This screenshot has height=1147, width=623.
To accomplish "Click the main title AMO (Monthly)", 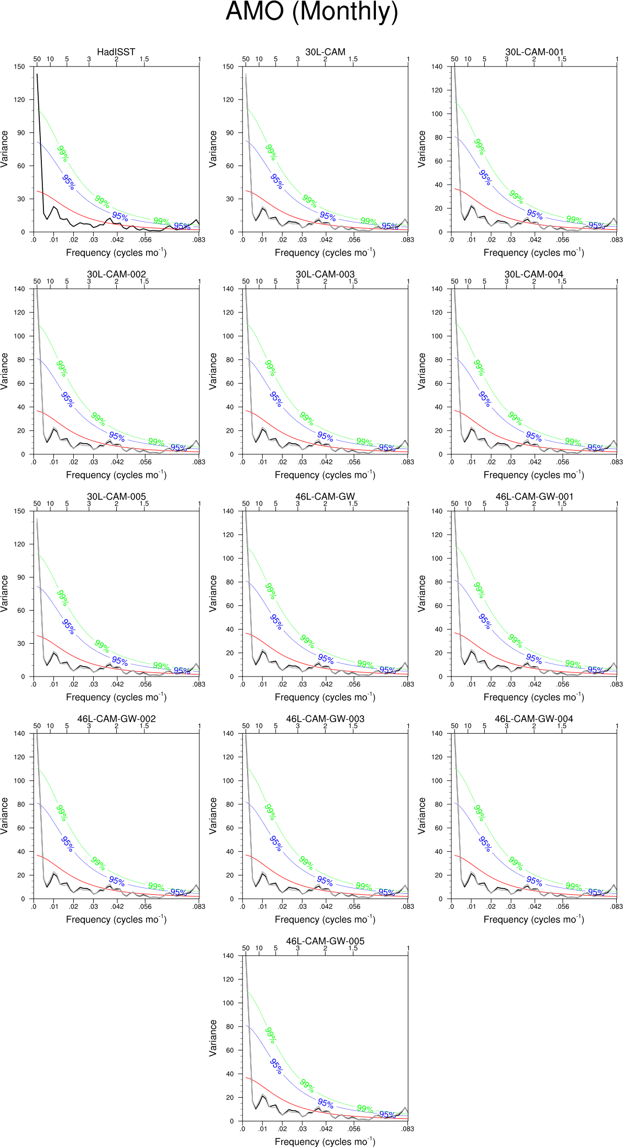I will click(311, 12).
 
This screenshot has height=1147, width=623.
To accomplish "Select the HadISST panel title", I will click(116, 52).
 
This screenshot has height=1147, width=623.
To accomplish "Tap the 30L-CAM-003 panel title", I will click(325, 274).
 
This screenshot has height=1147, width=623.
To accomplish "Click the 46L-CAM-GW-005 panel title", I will click(325, 941).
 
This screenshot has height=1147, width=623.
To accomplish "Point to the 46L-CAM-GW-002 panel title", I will click(116, 718).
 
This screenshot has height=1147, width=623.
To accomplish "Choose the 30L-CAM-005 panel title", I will click(116, 497).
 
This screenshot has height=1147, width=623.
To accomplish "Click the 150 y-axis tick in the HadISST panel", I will click(19, 66).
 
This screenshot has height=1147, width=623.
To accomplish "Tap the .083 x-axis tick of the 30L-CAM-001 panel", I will click(616, 240).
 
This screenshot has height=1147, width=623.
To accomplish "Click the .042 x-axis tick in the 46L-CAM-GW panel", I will click(326, 684).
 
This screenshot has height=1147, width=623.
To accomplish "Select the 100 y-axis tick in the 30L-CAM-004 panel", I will click(437, 336).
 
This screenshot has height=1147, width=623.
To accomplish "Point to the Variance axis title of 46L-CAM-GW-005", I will click(213, 1038).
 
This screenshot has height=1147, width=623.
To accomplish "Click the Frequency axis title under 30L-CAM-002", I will click(116, 475).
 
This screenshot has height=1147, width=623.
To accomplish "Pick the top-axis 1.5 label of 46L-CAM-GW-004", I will click(562, 726).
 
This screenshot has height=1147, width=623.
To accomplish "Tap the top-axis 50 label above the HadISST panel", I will click(37, 59).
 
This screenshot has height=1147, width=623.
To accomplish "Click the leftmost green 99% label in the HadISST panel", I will click(63, 153).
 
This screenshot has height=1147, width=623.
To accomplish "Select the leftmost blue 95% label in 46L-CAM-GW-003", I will click(275, 843).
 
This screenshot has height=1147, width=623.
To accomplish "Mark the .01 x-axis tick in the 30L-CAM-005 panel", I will click(54, 684).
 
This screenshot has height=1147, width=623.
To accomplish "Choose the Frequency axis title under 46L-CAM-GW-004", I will click(533, 919).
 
